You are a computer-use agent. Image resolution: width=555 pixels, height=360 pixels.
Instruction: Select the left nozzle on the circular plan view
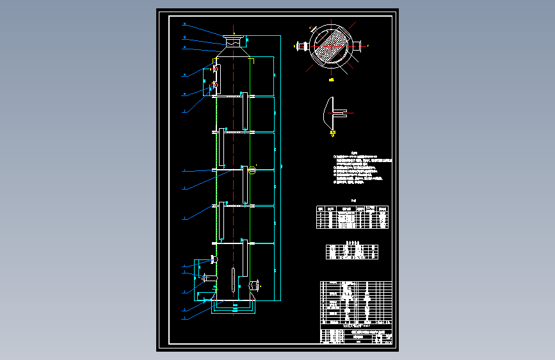point(299,45)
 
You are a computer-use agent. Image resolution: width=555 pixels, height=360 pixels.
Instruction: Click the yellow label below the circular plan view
point(330,79)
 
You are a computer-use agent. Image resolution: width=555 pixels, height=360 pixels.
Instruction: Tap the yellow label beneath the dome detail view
point(332,133)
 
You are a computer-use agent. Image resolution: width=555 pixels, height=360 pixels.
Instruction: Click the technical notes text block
point(362,169)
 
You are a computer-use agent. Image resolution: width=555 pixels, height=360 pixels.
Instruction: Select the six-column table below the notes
point(353,218)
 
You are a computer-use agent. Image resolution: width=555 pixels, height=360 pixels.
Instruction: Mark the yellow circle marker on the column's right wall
point(252,169)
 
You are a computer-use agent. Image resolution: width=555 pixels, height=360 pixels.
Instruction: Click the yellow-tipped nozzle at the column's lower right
point(255,284)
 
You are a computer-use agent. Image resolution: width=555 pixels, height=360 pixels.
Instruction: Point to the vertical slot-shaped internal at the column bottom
point(230,279)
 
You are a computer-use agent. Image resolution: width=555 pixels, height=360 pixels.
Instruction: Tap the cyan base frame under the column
point(234,309)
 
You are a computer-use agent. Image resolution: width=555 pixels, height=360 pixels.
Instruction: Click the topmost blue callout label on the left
point(184,25)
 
